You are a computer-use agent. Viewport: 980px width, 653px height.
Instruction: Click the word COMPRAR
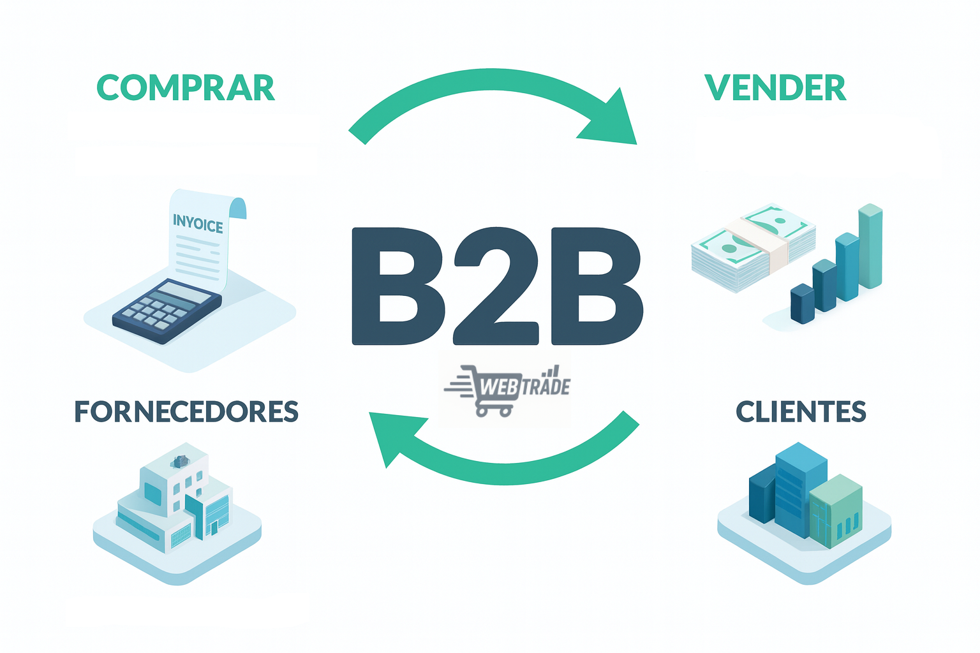pos(186,88)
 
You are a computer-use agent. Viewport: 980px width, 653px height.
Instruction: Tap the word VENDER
pos(775,88)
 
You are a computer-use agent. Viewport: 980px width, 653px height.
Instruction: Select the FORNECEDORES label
pos(186,412)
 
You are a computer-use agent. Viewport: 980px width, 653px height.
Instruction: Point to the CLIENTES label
pos(801,412)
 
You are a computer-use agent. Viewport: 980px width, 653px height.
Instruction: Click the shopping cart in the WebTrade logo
pos(488,392)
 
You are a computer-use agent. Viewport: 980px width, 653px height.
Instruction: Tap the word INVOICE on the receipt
pos(198,224)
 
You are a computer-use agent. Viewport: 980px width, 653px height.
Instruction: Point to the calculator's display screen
pos(185,293)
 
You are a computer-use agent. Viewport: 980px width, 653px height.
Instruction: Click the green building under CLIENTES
pos(836,510)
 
